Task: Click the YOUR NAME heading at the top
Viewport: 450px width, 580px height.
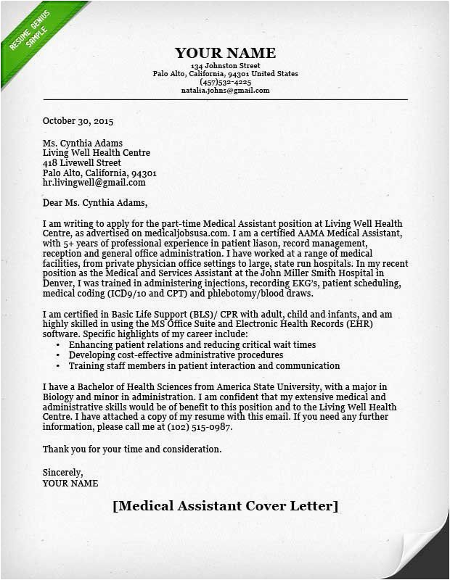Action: click(x=225, y=53)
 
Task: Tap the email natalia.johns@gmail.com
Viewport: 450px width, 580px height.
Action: click(x=225, y=91)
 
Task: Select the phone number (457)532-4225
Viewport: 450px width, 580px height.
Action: click(x=225, y=82)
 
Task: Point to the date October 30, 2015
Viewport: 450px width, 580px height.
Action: click(x=78, y=121)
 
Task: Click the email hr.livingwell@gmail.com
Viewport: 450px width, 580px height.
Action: click(x=94, y=183)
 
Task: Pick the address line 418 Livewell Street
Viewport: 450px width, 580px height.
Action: click(x=81, y=163)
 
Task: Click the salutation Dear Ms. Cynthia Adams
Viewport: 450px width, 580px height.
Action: click(x=94, y=202)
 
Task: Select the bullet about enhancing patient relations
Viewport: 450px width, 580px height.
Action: click(x=192, y=345)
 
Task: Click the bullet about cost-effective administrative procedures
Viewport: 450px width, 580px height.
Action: click(x=176, y=355)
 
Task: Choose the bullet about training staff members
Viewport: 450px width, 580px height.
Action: click(x=204, y=365)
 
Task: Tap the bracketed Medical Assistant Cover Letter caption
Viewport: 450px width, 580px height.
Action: click(x=225, y=505)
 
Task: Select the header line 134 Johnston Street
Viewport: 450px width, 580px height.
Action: click(x=225, y=66)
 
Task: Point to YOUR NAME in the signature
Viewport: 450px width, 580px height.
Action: click(x=70, y=482)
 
